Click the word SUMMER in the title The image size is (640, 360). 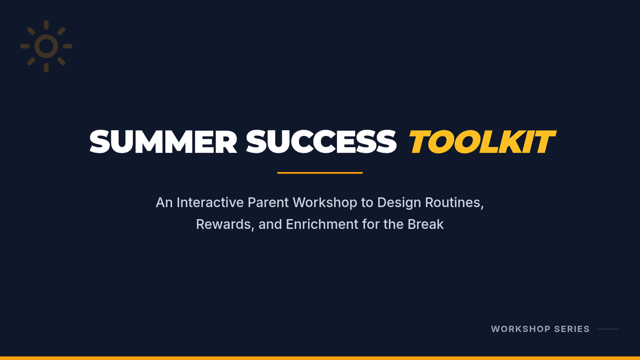[163, 142]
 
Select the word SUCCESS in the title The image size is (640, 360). [321, 142]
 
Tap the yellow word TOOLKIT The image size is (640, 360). [483, 142]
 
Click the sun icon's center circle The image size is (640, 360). [46, 46]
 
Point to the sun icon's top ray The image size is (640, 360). [46, 25]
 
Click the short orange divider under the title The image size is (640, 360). [319, 173]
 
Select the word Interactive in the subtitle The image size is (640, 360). [210, 203]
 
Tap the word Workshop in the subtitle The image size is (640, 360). [325, 203]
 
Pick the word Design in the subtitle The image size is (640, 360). [399, 203]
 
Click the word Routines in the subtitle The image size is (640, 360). [454, 203]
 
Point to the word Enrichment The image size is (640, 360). [322, 225]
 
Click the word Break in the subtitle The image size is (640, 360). [426, 225]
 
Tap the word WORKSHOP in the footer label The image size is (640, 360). [521, 329]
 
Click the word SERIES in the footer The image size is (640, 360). [572, 329]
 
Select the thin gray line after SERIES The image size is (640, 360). [608, 329]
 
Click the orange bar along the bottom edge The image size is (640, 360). [320, 358]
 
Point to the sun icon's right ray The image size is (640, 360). [67, 46]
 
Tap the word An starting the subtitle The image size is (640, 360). [164, 203]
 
